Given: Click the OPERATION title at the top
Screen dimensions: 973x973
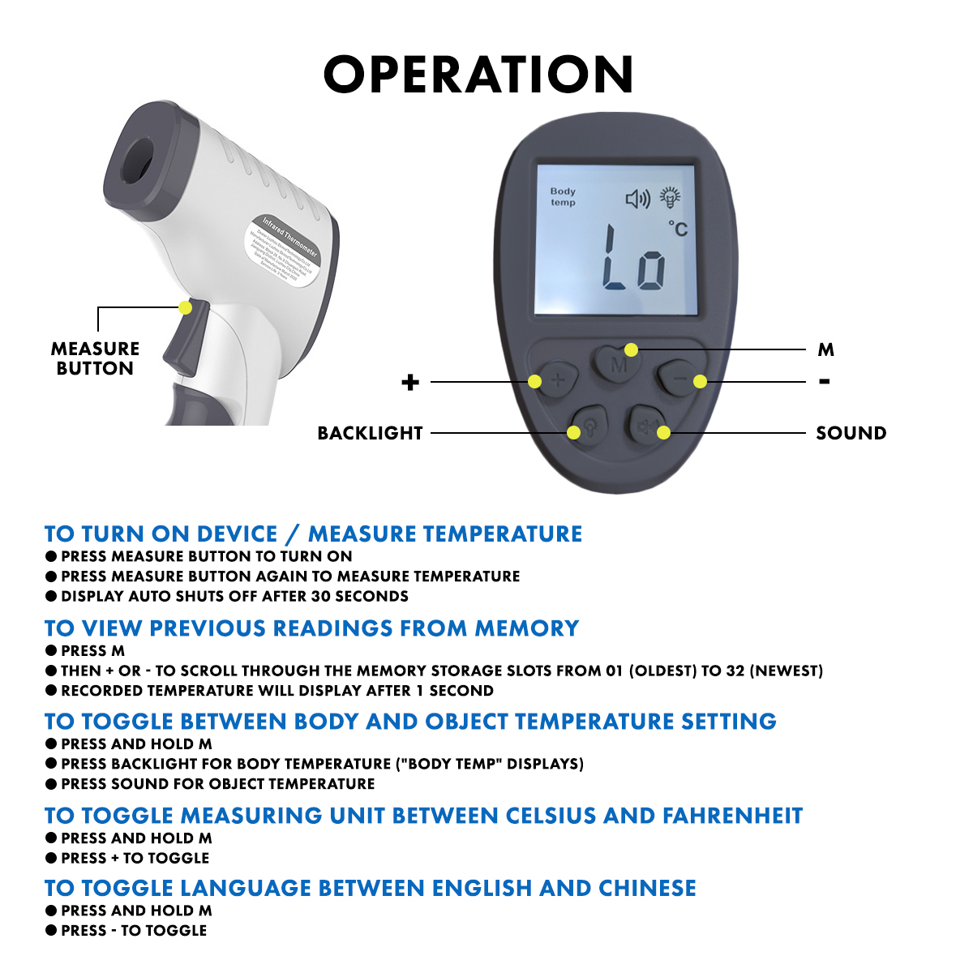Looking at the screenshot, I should click(x=478, y=75).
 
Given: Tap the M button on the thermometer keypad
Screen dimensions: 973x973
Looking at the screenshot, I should click(x=618, y=362).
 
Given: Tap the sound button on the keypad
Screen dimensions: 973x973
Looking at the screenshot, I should click(x=648, y=426).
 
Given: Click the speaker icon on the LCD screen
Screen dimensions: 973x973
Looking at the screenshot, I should click(x=638, y=199).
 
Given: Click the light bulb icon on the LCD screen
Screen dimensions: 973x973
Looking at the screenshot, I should click(x=670, y=197).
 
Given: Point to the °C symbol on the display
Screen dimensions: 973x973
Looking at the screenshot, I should click(x=678, y=229).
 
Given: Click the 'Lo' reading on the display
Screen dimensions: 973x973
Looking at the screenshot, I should click(x=635, y=259).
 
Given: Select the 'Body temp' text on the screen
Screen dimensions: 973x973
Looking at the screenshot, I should click(x=563, y=196).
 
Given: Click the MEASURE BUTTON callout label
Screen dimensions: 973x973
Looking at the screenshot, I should click(x=95, y=358).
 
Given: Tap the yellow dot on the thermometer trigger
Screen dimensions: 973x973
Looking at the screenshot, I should click(x=186, y=308).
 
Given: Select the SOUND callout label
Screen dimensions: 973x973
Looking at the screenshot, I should click(x=851, y=433).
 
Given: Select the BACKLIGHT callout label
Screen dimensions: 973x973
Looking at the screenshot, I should click(x=370, y=433).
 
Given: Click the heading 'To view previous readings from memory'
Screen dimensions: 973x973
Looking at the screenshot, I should click(x=311, y=628).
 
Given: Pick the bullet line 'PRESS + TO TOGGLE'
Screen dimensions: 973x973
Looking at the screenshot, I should click(x=135, y=858).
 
